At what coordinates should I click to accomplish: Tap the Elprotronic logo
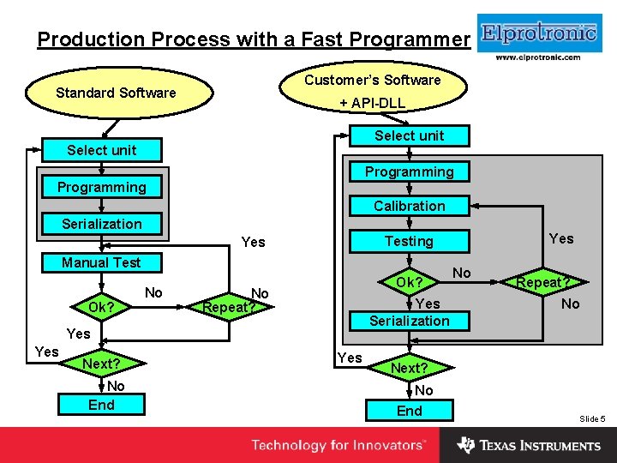click(x=538, y=33)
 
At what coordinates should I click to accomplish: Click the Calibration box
click(x=409, y=206)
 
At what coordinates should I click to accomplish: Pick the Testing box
click(x=409, y=242)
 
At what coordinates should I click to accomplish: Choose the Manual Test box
click(x=101, y=262)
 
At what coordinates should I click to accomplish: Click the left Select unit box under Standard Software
click(x=101, y=150)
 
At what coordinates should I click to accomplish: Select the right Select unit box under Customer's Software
click(x=409, y=135)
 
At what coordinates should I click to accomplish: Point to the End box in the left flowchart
click(x=101, y=405)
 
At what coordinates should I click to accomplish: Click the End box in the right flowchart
click(x=409, y=411)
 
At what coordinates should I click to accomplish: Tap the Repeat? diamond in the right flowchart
click(x=542, y=282)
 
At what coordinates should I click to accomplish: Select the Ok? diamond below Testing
click(x=409, y=282)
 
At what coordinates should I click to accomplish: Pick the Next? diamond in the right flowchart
click(x=409, y=368)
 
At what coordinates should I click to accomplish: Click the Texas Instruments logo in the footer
click(x=529, y=446)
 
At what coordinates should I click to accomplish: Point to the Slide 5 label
click(x=592, y=418)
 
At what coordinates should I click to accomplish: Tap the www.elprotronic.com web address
click(x=538, y=57)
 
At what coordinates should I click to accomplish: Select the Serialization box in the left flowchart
click(x=101, y=224)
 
